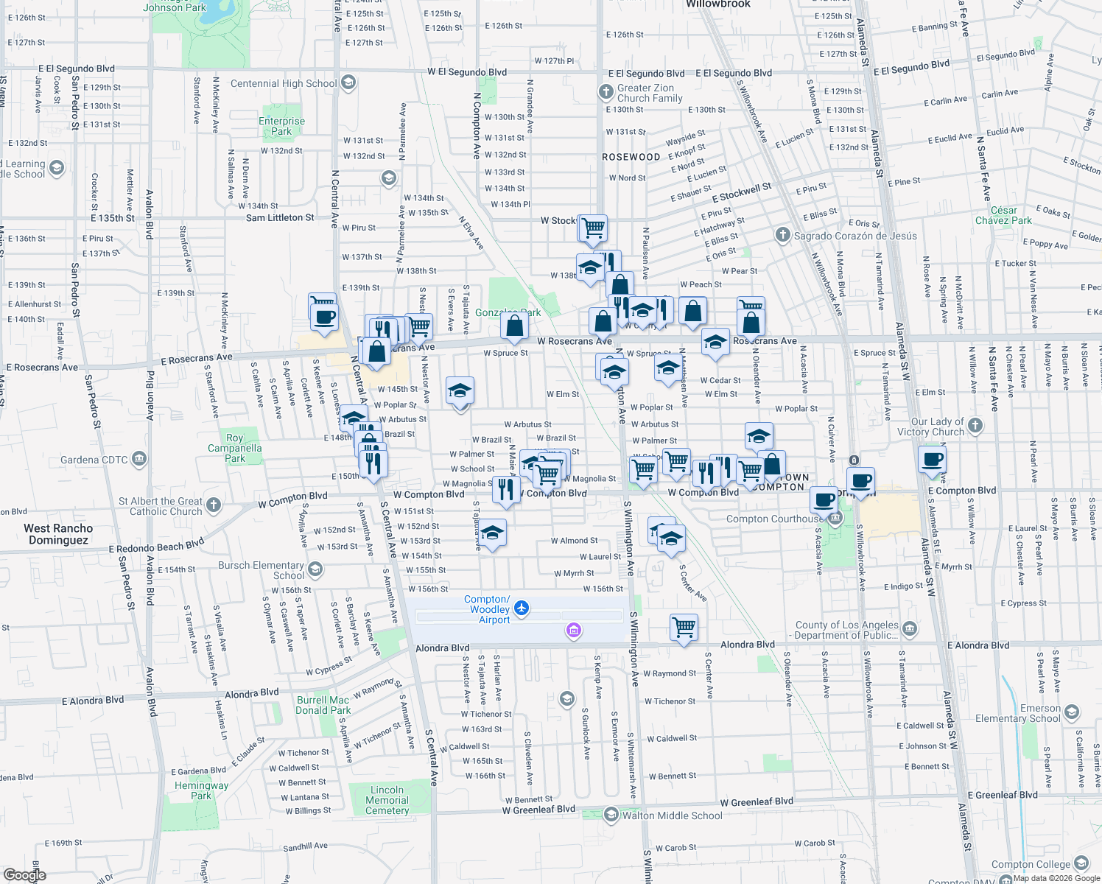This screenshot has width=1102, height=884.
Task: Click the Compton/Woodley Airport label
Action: click(489, 610)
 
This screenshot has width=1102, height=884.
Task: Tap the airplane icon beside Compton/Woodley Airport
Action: click(522, 608)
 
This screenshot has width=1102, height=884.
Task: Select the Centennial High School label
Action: click(284, 83)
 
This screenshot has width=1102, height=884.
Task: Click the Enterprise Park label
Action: click(281, 127)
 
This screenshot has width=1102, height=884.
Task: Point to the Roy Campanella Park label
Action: click(234, 448)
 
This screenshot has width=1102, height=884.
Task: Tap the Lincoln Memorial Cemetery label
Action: click(387, 800)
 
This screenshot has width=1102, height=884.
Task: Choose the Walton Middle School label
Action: click(672, 815)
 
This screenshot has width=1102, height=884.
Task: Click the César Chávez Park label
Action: click(1003, 215)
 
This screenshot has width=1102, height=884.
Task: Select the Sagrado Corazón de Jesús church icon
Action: click(782, 235)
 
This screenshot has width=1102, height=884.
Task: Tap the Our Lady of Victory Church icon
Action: click(975, 425)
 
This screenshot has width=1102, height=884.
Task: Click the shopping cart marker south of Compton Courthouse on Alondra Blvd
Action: click(684, 628)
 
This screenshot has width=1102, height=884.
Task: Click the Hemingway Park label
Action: click(201, 790)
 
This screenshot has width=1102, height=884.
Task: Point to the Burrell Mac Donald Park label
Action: click(323, 705)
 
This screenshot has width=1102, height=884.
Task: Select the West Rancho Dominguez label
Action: click(58, 534)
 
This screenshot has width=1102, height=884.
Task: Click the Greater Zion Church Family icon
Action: click(606, 92)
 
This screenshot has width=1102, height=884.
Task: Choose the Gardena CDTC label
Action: click(94, 460)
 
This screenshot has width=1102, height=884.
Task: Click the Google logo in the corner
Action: click(24, 874)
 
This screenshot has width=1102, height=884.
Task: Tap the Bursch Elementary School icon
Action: click(315, 569)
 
